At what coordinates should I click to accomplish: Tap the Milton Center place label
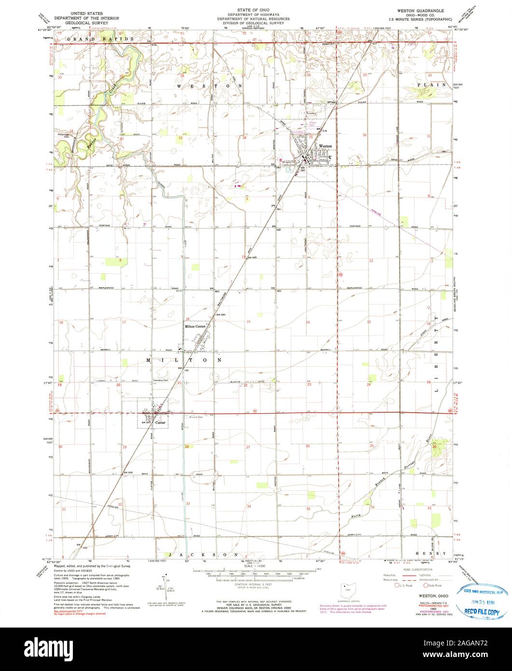[196, 327]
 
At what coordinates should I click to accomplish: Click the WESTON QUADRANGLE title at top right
[422, 10]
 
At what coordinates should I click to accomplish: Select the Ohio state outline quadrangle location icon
[346, 590]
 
